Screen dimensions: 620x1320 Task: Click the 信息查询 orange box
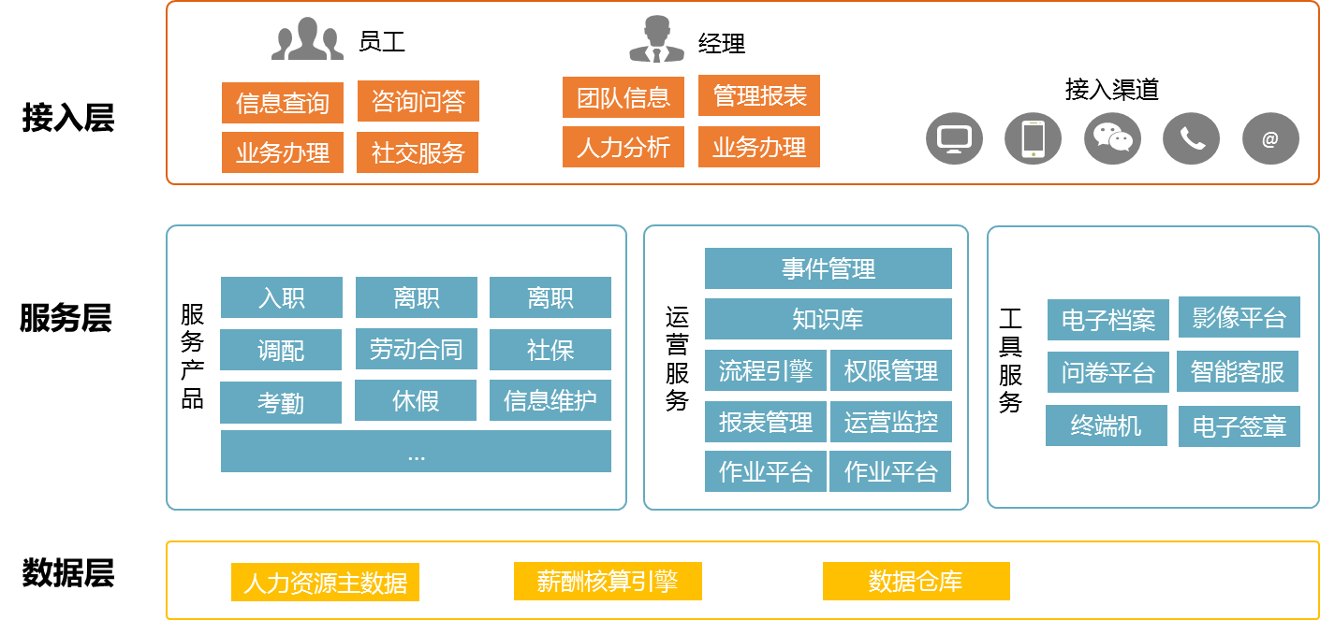tap(282, 103)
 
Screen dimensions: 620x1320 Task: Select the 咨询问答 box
tap(418, 101)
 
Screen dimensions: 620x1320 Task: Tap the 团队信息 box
tap(623, 97)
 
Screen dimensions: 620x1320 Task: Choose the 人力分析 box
tap(623, 148)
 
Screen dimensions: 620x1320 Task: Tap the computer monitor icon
tap(954, 139)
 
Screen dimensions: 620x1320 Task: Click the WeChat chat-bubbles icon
tap(1112, 138)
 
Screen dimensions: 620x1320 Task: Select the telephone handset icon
tap(1191, 139)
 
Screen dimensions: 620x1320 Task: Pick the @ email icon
tap(1270, 139)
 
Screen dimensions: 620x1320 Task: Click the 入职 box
tap(281, 297)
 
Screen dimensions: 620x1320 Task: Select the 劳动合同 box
tap(416, 350)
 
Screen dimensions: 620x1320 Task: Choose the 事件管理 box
tap(828, 269)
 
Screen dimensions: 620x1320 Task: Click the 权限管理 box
tap(890, 371)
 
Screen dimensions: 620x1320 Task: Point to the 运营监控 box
tap(890, 422)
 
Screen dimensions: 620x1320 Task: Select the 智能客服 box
tap(1238, 372)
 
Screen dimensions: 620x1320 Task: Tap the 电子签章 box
tap(1239, 426)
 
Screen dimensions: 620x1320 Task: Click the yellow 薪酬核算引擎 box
tap(607, 582)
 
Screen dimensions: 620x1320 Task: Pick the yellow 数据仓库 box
tap(916, 582)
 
